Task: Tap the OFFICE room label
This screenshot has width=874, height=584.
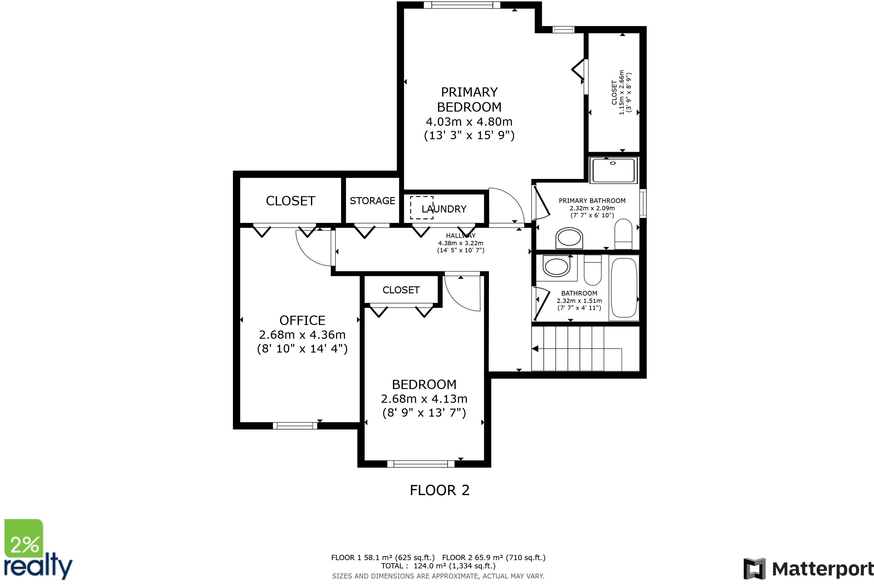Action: [x=302, y=320]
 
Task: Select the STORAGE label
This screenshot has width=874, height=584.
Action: [x=372, y=201]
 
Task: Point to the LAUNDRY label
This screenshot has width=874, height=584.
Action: [x=444, y=209]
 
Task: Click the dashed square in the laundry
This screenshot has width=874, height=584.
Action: [x=422, y=208]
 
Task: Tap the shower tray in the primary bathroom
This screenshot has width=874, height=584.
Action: [x=613, y=170]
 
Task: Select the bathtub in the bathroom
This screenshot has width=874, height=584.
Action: [x=624, y=288]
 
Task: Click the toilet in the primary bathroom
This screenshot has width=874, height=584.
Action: [x=623, y=234]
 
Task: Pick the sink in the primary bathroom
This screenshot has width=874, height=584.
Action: [x=569, y=238]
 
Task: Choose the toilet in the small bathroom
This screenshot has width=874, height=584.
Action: [x=592, y=270]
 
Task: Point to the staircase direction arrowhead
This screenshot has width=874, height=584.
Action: [x=535, y=349]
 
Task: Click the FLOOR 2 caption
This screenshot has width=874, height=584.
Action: [x=440, y=490]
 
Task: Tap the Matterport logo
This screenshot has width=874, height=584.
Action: [x=808, y=569]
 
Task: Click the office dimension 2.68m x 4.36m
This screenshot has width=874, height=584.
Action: [x=302, y=335]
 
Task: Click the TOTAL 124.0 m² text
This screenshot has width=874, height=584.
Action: [x=438, y=566]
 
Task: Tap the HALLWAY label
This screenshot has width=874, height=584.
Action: [x=461, y=235]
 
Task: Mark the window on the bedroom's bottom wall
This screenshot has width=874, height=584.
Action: [x=421, y=464]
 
